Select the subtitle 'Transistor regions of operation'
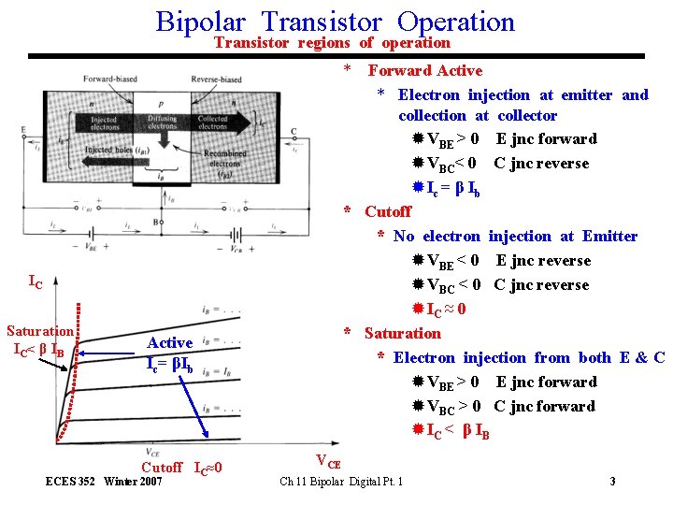[332, 43]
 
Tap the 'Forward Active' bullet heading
[424, 71]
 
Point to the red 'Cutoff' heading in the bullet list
[387, 212]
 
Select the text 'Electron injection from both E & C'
[528, 358]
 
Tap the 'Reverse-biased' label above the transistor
[216, 79]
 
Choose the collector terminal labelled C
[294, 132]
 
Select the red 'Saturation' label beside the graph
[39, 331]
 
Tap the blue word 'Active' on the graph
[170, 343]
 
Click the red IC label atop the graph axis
[35, 281]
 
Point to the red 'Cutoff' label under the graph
[161, 468]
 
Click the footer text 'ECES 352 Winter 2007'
[104, 482]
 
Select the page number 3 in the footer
[611, 482]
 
